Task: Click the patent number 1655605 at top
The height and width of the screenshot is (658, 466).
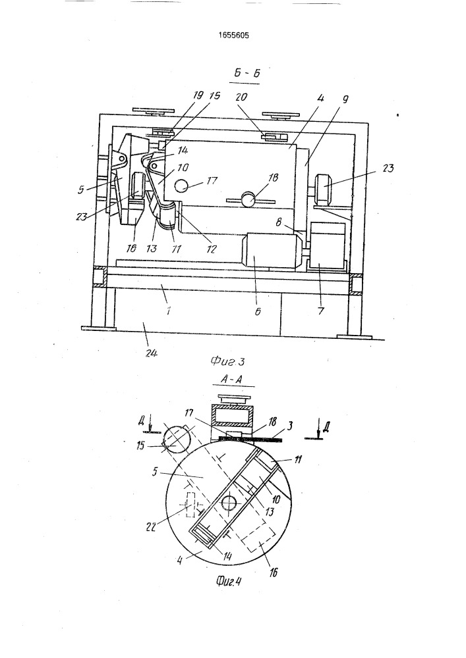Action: tap(233, 36)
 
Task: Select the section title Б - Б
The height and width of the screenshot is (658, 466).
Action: tap(247, 73)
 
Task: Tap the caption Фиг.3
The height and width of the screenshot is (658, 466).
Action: tap(227, 360)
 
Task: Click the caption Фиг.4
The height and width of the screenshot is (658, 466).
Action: tap(229, 581)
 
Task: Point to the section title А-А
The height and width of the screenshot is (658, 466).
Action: tap(232, 380)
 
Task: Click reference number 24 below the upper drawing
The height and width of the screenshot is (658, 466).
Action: tap(152, 353)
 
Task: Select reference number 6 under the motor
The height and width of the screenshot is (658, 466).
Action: tap(258, 311)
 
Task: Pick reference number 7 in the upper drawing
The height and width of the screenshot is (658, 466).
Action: tap(320, 311)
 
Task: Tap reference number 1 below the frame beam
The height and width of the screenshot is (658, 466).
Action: tap(169, 311)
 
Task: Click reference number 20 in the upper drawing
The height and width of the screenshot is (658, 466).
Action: tap(242, 97)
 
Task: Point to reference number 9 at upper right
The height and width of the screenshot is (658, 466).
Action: tap(345, 99)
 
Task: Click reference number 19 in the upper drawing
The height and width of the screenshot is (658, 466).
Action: tap(198, 95)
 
